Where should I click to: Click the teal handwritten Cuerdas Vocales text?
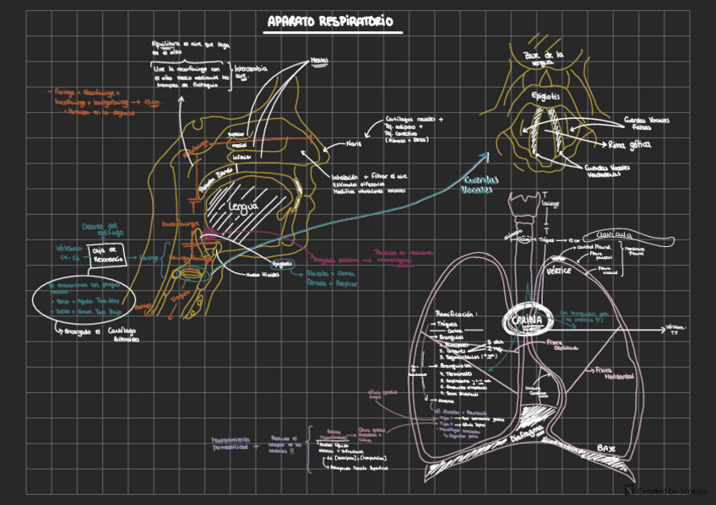pos(480,185)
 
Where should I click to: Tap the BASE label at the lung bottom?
pos(606,447)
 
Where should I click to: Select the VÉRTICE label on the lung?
pos(559,271)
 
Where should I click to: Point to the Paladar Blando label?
pos(215,178)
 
